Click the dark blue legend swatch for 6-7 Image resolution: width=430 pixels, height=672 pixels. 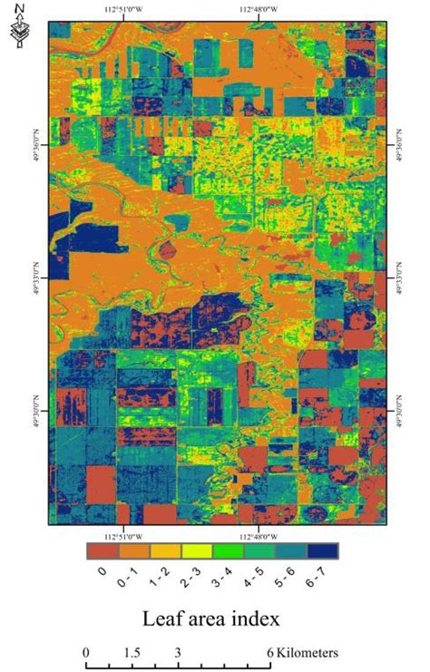(x=323, y=550)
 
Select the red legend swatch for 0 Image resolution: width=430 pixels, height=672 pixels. (x=101, y=550)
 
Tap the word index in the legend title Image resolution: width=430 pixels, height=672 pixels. (x=256, y=619)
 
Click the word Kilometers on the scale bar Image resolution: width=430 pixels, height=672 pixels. (x=308, y=652)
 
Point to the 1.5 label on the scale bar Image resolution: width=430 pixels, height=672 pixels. (x=131, y=652)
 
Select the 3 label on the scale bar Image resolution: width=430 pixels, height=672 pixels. (x=178, y=652)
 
